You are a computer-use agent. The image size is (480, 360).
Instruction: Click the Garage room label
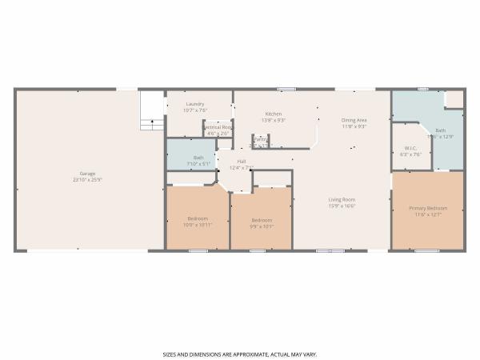point(87,174)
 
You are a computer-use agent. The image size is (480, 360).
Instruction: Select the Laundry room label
point(195,104)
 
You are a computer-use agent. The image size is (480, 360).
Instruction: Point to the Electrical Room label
point(217,127)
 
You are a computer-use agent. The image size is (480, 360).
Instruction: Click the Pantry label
point(261,139)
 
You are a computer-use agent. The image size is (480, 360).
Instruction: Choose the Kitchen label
point(274,114)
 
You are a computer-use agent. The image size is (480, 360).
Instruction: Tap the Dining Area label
point(354,119)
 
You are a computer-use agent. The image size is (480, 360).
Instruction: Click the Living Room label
point(342,199)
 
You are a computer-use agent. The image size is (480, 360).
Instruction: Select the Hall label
point(241,162)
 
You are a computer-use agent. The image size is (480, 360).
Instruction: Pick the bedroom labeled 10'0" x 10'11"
point(198,218)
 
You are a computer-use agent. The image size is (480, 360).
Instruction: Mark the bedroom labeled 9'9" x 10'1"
point(262,220)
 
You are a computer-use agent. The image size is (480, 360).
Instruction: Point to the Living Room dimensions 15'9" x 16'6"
point(342,206)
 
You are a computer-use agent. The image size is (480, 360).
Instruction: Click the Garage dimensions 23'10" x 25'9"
point(87,180)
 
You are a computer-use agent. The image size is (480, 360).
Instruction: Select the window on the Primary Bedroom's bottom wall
point(426,251)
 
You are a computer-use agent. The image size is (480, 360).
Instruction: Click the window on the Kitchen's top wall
point(286,89)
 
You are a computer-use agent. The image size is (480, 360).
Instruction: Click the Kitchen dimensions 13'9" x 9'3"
point(274,120)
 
